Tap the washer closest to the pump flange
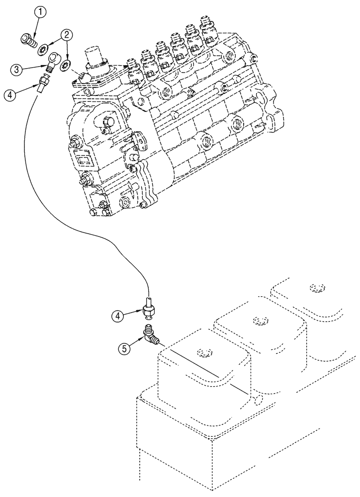[x=65, y=65]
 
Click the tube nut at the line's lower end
[x=149, y=311]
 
